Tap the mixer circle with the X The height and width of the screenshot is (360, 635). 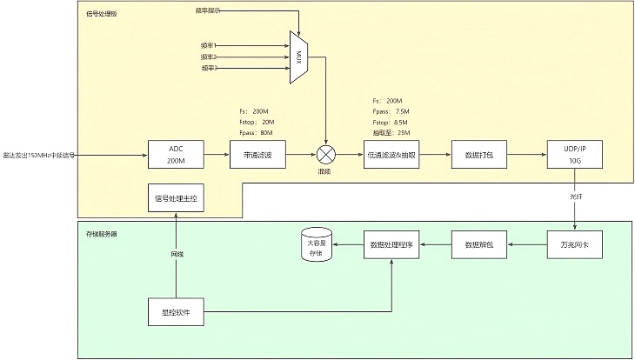pyautogui.click(x=325, y=156)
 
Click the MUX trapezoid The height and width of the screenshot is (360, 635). pyautogui.click(x=298, y=57)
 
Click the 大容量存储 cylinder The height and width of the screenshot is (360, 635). pyautogui.click(x=317, y=246)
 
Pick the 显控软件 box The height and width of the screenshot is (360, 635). pyautogui.click(x=176, y=311)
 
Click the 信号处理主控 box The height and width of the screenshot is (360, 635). pyautogui.click(x=176, y=199)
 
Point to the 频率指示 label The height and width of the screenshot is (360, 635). pyautogui.click(x=207, y=11)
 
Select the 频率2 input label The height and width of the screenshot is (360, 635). pyautogui.click(x=208, y=56)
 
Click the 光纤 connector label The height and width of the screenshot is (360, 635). pyautogui.click(x=575, y=197)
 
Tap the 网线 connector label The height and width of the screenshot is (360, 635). pyautogui.click(x=177, y=254)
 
